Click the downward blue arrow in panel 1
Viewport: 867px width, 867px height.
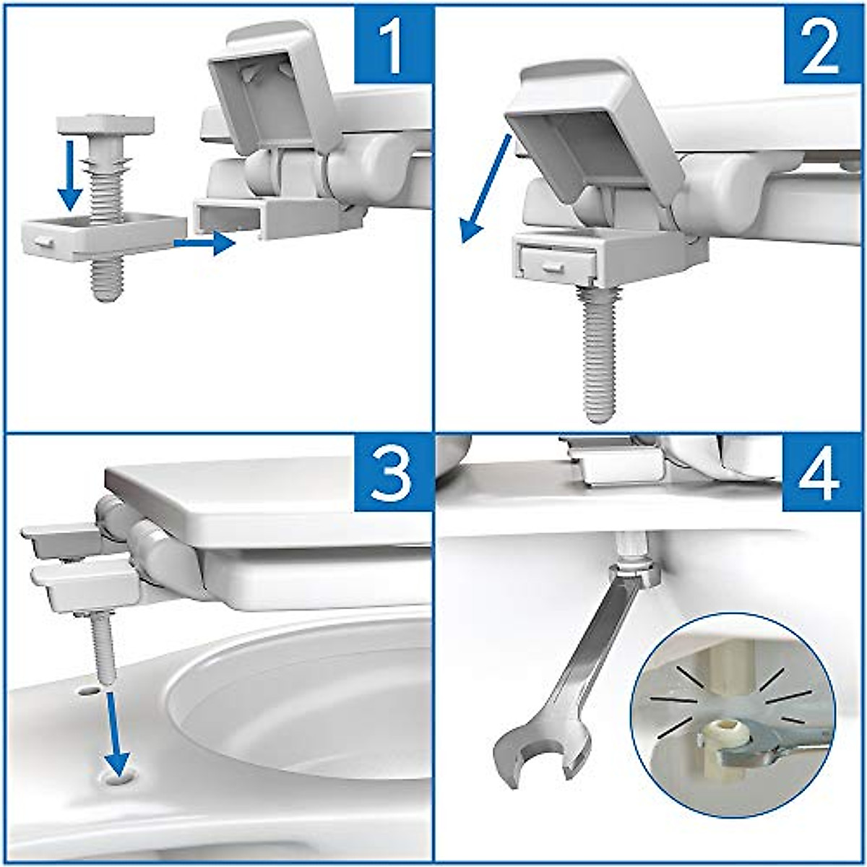tap(70, 173)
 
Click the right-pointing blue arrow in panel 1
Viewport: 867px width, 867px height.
tap(205, 243)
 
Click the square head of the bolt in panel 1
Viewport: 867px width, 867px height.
tap(106, 124)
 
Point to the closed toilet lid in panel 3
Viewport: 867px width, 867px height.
tap(267, 499)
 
